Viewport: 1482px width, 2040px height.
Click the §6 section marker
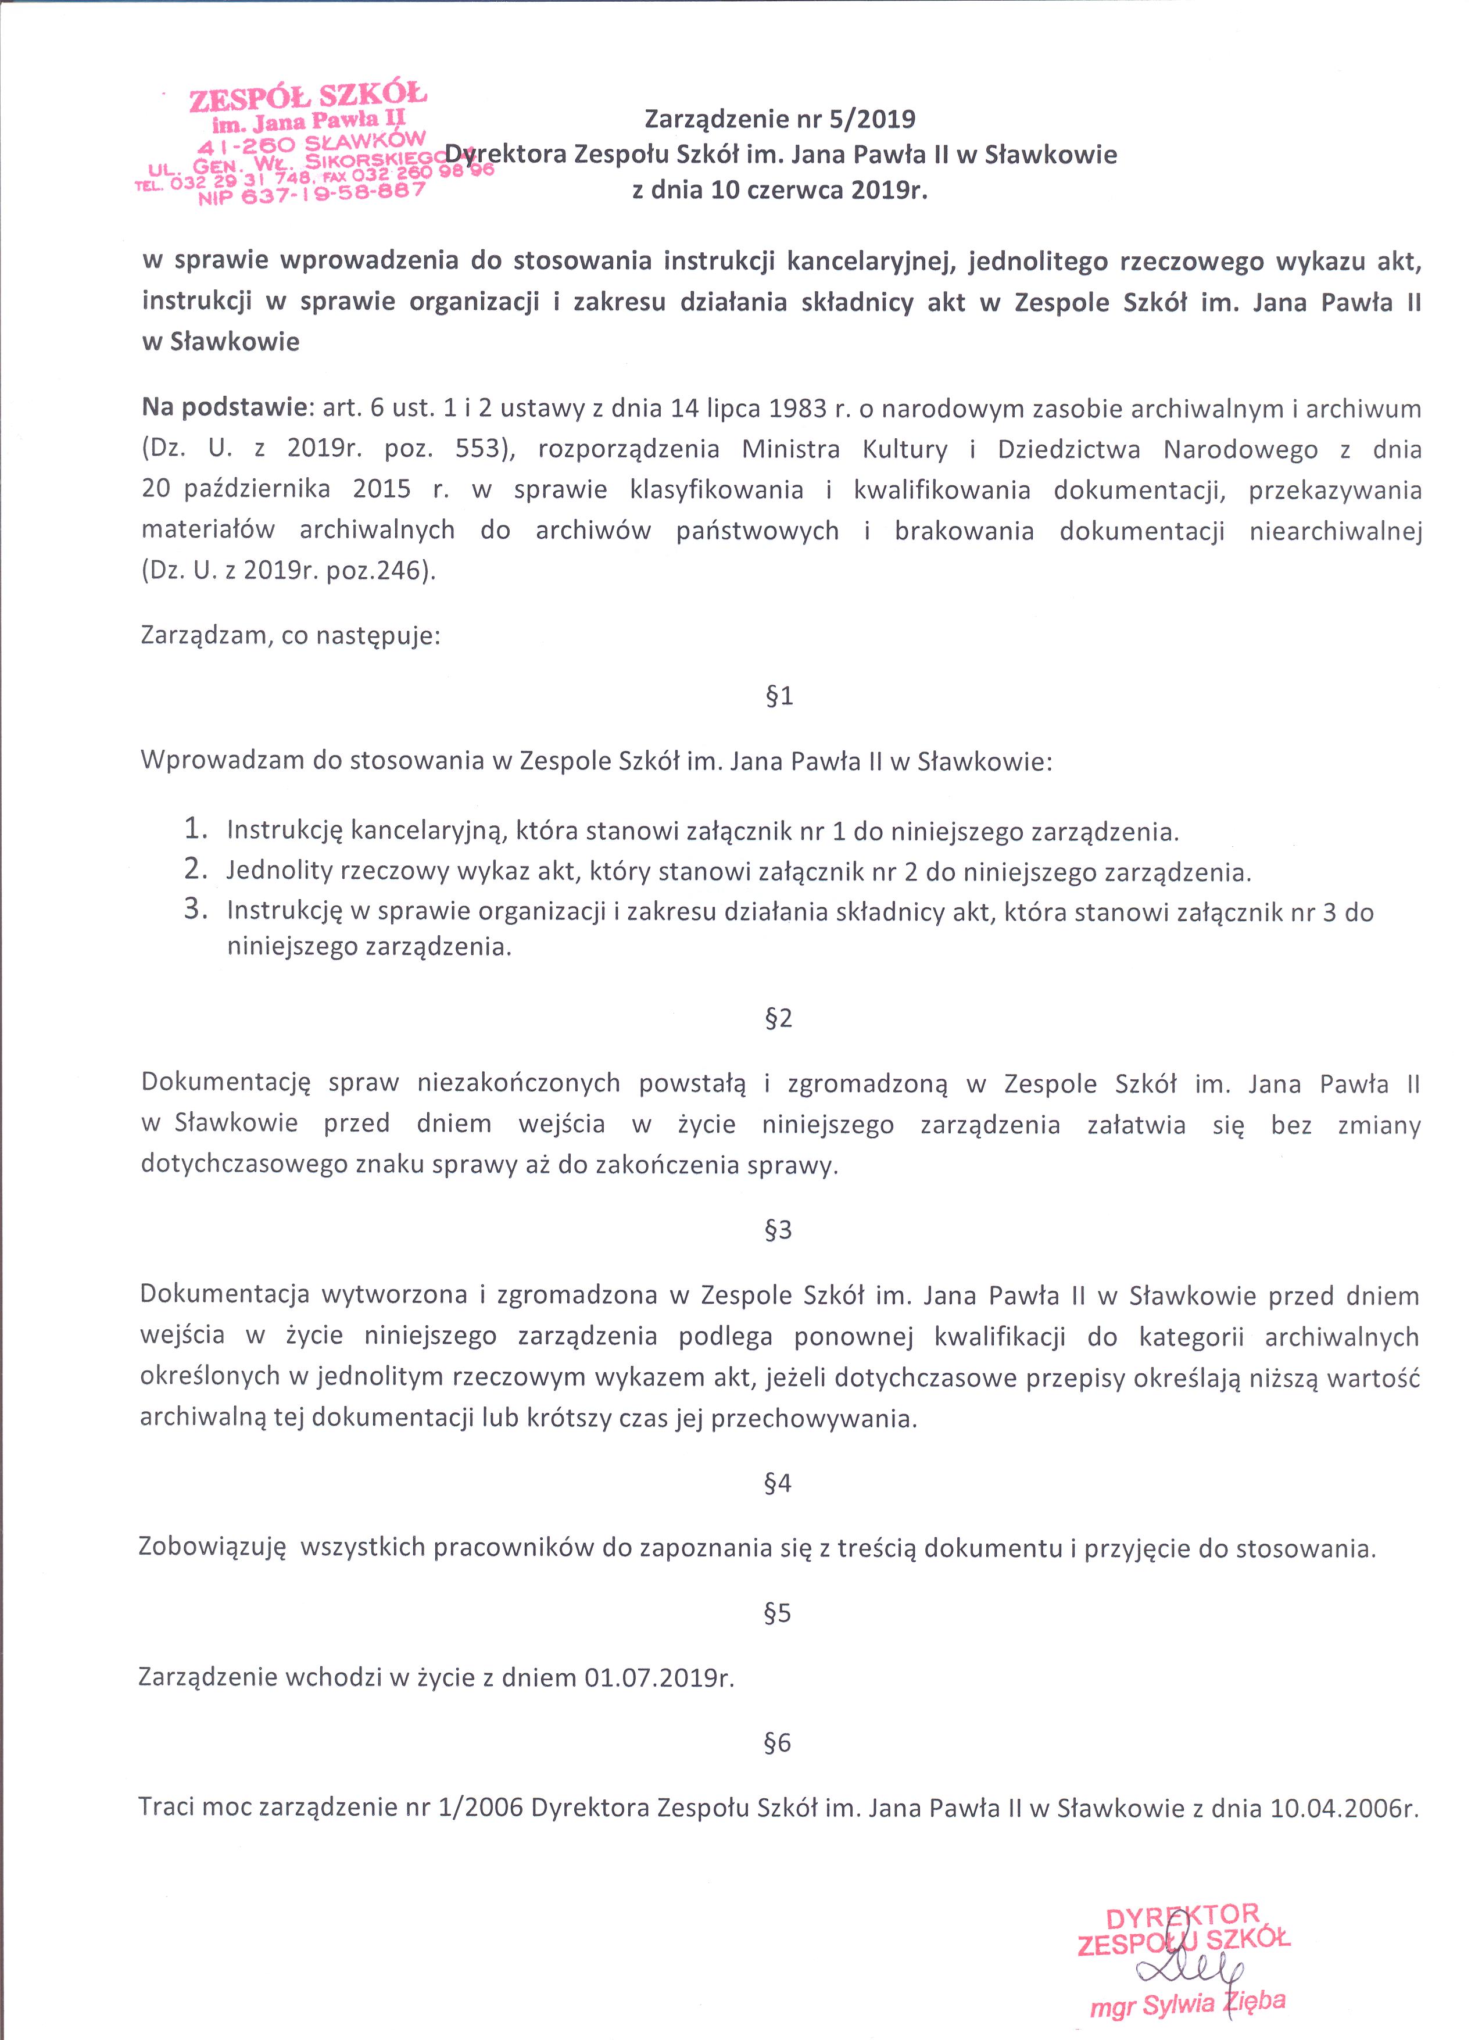click(777, 1742)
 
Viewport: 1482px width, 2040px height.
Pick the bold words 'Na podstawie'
click(225, 409)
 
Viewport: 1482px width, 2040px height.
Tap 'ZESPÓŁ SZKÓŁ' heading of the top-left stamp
click(307, 95)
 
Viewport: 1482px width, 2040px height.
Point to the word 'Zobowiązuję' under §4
click(212, 1548)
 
